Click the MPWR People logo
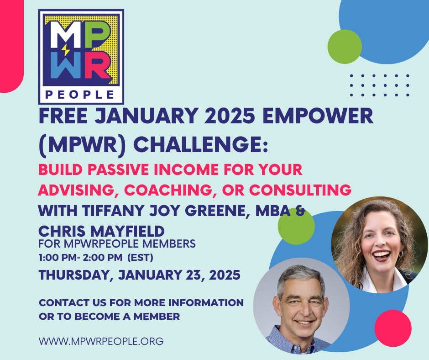coord(81,57)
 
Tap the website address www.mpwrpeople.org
coord(101,341)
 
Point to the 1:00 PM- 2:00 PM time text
coord(80,257)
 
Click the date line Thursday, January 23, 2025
coord(139,275)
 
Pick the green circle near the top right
coord(345,47)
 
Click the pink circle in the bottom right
coord(393,328)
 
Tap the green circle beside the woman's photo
coord(296,226)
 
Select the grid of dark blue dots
coord(379,85)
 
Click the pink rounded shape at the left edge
coord(10,46)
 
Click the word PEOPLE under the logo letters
coord(81,95)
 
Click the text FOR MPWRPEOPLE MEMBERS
coord(117,244)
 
